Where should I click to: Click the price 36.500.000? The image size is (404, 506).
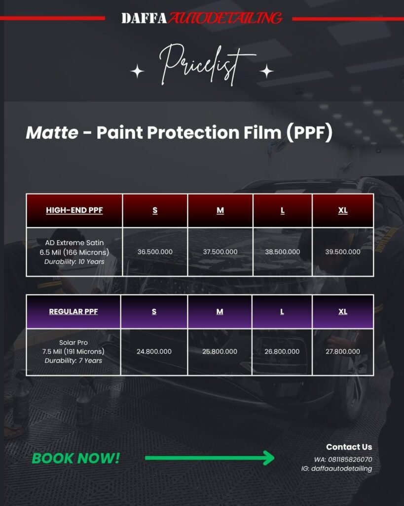click(x=155, y=252)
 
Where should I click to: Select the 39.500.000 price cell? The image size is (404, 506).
click(x=343, y=252)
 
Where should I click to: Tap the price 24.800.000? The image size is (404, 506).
click(x=154, y=351)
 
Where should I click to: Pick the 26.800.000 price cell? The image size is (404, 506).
click(x=282, y=351)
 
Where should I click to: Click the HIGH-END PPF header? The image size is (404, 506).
click(x=74, y=210)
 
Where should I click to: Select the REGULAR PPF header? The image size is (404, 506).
click(x=73, y=311)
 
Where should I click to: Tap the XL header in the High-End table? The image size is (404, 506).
click(x=343, y=211)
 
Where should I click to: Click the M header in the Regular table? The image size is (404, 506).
click(x=220, y=311)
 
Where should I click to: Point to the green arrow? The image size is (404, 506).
click(x=210, y=458)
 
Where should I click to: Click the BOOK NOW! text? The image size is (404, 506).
click(x=75, y=458)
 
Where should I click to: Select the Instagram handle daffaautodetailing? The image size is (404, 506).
click(x=341, y=468)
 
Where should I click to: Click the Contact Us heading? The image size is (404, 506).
click(x=349, y=447)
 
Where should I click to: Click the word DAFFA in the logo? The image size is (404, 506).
click(x=144, y=18)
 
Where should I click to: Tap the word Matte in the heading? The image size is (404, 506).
click(x=52, y=132)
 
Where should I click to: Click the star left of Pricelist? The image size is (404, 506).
click(x=138, y=71)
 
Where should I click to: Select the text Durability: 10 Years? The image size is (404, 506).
click(x=74, y=262)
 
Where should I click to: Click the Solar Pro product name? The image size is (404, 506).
click(x=73, y=342)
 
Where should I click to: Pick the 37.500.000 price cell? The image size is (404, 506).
click(x=220, y=252)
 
